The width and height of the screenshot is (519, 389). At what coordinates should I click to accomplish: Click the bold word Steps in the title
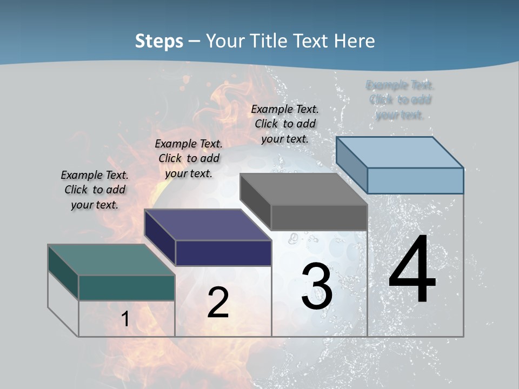(x=159, y=41)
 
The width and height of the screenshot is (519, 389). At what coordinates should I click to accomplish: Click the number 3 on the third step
(x=317, y=286)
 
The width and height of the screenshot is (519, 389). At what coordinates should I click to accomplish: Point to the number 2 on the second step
(x=218, y=303)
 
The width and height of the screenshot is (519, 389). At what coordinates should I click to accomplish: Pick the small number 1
(x=125, y=319)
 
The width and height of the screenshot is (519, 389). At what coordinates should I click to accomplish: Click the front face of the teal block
(x=127, y=287)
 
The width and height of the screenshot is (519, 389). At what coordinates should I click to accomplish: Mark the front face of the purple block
(x=223, y=253)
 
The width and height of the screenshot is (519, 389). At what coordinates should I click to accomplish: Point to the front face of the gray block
(x=319, y=218)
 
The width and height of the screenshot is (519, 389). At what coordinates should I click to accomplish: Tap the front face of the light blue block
(x=415, y=180)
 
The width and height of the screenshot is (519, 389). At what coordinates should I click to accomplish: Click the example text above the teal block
(x=95, y=190)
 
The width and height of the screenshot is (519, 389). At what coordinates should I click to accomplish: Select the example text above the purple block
(x=189, y=158)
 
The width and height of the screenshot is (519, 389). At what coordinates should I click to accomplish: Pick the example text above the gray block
(x=285, y=124)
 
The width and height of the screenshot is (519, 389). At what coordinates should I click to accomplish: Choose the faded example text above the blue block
(x=400, y=100)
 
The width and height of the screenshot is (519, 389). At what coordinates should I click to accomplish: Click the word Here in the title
(x=355, y=41)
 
